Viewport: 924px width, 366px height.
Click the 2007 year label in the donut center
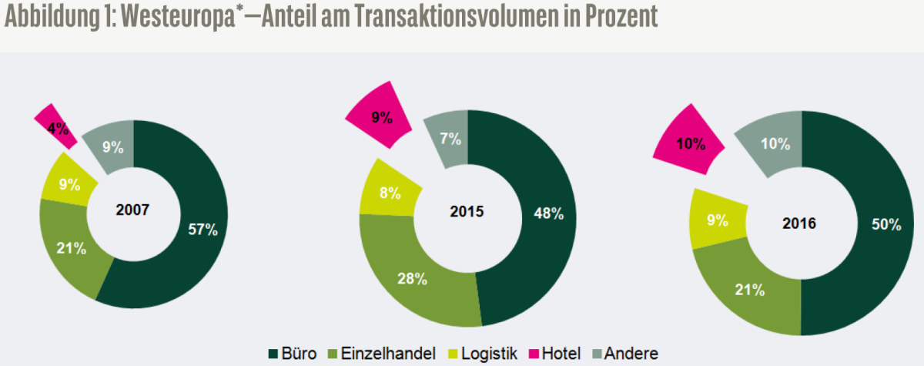coord(132,210)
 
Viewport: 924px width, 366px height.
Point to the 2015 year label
coord(467,211)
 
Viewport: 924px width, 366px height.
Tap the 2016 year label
coord(799,223)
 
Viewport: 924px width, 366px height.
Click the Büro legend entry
coord(293,354)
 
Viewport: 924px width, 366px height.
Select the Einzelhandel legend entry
coord(382,354)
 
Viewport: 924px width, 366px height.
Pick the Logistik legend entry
coord(483,354)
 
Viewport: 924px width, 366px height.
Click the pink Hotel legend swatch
coord(534,354)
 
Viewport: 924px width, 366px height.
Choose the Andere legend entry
coord(625,354)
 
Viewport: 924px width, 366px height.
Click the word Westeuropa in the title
coord(178,17)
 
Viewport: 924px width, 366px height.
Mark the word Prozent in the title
coord(621,16)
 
